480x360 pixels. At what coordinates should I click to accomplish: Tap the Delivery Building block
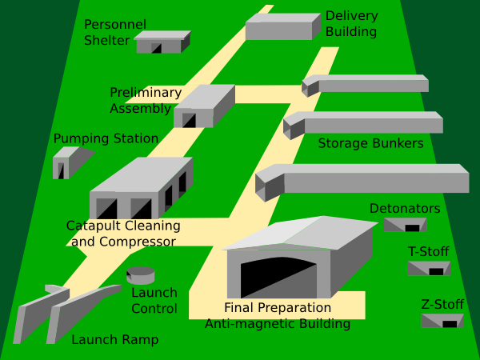tap(278, 27)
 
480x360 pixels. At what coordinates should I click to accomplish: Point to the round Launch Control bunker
tap(141, 275)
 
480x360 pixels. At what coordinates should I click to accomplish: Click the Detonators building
tap(404, 225)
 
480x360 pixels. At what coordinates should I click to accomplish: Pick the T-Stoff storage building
tap(429, 268)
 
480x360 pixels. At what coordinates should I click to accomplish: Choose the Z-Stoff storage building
tap(442, 320)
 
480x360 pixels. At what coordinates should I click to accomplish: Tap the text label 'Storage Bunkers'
tap(370, 144)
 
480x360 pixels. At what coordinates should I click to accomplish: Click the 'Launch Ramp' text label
tap(114, 340)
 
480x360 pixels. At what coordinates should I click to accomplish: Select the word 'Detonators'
tap(405, 209)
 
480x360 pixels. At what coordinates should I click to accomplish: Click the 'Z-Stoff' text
tap(442, 304)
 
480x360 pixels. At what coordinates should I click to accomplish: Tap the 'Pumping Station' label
tap(106, 139)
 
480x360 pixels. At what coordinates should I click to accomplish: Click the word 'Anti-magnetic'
tap(244, 324)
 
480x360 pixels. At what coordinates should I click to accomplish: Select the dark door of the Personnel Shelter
tap(157, 48)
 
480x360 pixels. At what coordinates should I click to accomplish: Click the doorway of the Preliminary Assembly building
tap(190, 120)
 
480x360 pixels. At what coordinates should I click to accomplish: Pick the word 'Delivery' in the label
tap(351, 15)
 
